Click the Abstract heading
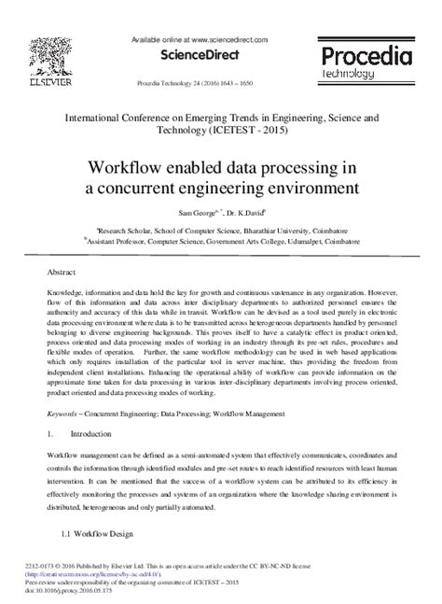[x=62, y=272]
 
